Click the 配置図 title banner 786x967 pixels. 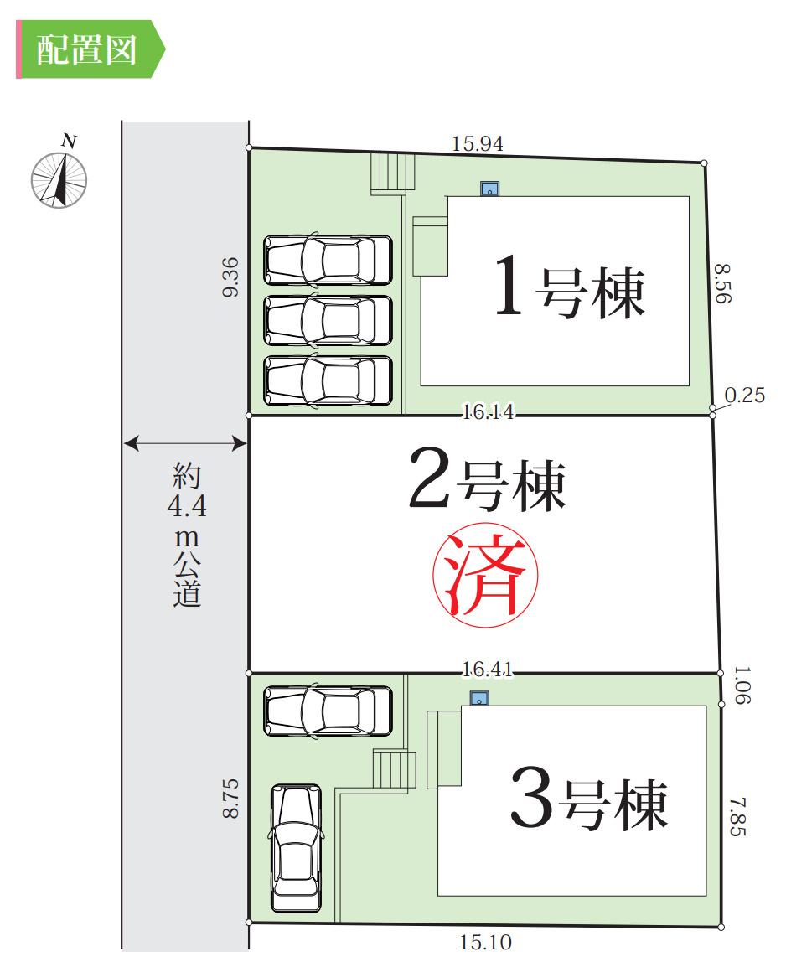click(x=88, y=50)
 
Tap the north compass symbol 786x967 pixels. click(x=59, y=177)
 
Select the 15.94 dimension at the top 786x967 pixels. click(x=478, y=144)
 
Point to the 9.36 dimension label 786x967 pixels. click(x=231, y=277)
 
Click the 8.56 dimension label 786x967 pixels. click(x=722, y=284)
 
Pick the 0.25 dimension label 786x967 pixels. click(x=745, y=396)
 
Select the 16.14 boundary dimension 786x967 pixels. click(x=488, y=411)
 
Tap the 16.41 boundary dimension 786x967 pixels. click(x=488, y=670)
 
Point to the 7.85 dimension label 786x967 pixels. click(x=737, y=816)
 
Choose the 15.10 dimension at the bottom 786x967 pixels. click(x=485, y=943)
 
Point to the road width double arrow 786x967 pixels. click(x=185, y=444)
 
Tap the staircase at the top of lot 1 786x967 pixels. click(x=393, y=173)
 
